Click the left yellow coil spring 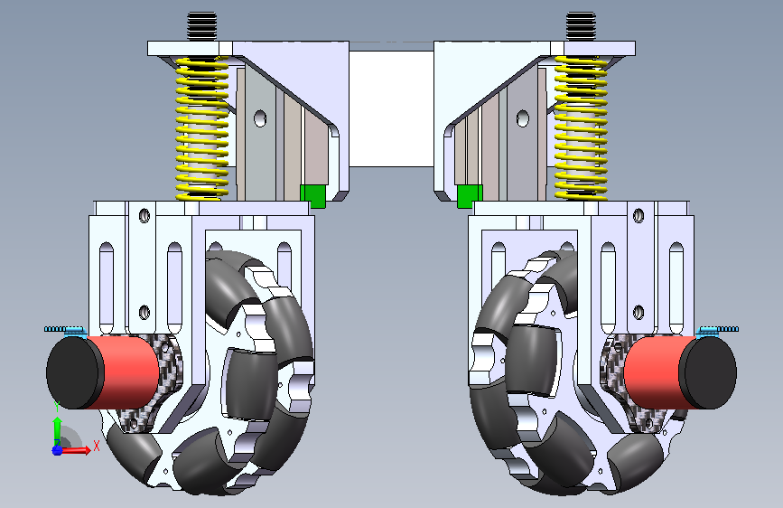tap(201, 128)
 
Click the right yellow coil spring tap(581, 128)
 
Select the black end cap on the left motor tap(73, 373)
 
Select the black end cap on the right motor tap(710, 373)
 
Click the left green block tap(312, 196)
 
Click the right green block tap(470, 196)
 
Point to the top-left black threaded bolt tap(202, 26)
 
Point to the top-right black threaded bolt tap(581, 26)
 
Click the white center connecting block tap(391, 109)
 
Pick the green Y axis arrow tap(58, 430)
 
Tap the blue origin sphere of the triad tap(57, 450)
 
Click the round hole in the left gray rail tap(260, 118)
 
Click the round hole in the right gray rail tap(522, 118)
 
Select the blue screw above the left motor tap(65, 330)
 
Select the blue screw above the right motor tap(718, 330)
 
